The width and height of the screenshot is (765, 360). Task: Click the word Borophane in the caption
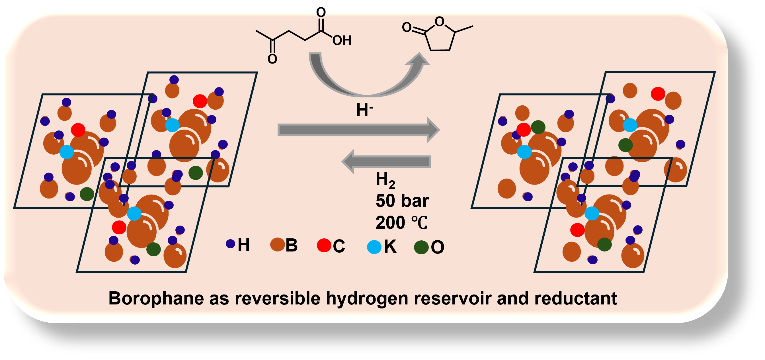pos(156,298)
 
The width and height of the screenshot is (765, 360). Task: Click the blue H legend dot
pos(230,244)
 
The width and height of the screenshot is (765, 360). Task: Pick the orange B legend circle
pos(277,244)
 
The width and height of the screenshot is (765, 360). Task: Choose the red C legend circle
pos(324,245)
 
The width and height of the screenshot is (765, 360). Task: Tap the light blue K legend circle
pos(374,247)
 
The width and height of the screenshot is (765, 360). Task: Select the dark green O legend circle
pos(421,247)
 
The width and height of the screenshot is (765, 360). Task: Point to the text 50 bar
pos(402,201)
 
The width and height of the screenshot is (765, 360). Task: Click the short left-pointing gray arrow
pos(386,161)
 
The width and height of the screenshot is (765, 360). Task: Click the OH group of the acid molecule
pos(342,40)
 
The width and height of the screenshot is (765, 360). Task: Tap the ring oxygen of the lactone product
pos(439,21)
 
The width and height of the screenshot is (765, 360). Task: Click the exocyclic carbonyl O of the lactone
pos(407,27)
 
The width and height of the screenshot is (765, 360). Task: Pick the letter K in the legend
pos(390,246)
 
